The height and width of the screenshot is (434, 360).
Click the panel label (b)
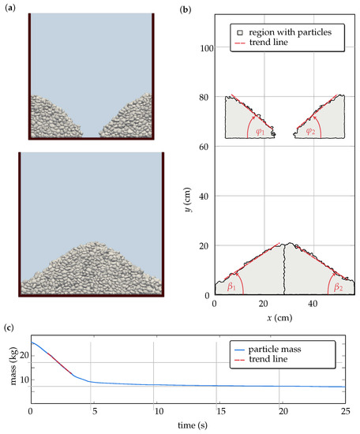click(x=185, y=10)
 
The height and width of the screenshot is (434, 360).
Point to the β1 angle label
click(x=232, y=287)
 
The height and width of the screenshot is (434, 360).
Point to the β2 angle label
click(x=338, y=287)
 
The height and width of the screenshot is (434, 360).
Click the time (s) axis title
click(x=188, y=425)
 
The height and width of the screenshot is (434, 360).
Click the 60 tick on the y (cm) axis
click(x=204, y=147)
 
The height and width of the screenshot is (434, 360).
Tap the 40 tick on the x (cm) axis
click(x=313, y=304)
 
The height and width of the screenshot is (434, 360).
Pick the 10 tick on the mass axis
click(x=22, y=380)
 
